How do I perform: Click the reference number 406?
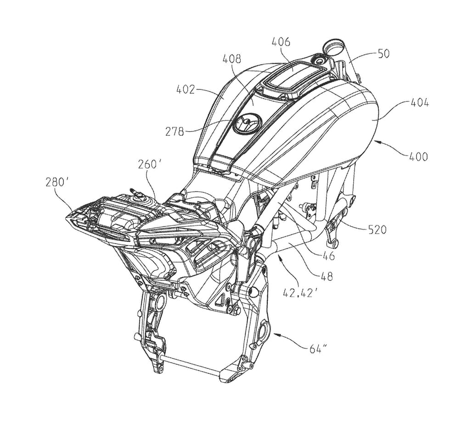(281, 42)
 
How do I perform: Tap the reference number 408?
(233, 59)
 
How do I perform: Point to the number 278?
(175, 132)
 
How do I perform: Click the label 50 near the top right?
(383, 53)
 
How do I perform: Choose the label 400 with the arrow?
(417, 157)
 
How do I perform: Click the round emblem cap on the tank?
(248, 124)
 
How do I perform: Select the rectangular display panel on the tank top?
(293, 73)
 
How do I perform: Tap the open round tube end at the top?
(334, 46)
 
